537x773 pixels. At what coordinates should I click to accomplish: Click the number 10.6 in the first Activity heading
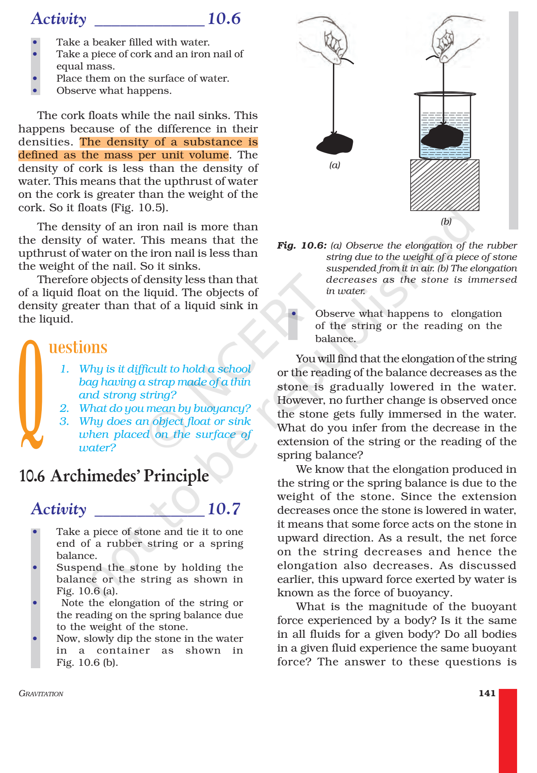224,19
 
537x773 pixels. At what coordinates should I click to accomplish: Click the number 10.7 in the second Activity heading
224,509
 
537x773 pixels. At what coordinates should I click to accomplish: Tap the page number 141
487,693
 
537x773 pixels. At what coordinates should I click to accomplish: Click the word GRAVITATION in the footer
41,693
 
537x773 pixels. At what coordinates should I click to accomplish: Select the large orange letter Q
31,394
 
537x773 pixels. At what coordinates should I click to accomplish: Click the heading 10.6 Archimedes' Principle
114,476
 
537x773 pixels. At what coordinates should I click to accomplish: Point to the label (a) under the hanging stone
335,165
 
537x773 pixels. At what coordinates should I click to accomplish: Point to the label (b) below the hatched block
446,221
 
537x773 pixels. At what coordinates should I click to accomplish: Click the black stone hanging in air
335,143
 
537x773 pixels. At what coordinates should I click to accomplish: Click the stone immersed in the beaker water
442,137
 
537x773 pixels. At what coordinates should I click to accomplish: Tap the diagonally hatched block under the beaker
444,185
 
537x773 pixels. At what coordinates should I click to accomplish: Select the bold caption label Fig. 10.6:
302,245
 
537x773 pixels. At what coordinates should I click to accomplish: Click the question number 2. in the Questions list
64,408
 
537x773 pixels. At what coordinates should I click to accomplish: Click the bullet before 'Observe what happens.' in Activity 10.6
35,91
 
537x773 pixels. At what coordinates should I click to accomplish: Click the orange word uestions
78,347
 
